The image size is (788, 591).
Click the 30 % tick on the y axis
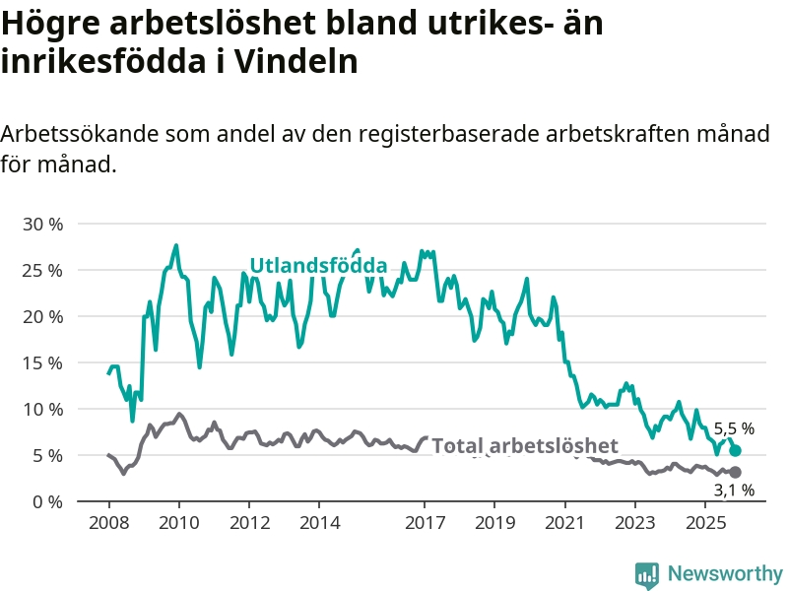coord(42,224)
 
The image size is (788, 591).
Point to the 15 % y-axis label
coord(42,362)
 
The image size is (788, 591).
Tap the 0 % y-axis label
coord(47,501)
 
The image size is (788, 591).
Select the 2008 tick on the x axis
coord(107,521)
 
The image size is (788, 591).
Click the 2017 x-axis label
coord(425,521)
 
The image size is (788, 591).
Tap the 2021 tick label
coord(564,521)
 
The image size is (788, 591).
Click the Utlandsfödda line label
coord(317,265)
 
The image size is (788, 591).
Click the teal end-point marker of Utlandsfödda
coord(735,450)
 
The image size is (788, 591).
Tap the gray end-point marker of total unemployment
coord(735,473)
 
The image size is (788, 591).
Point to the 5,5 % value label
coord(734,428)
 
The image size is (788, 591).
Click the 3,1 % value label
coord(734,490)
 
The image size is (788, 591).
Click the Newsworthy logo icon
coord(647,573)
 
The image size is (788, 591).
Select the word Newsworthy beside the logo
coord(725,573)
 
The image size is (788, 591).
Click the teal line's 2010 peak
coord(176,245)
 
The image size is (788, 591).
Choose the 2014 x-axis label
coord(318,521)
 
